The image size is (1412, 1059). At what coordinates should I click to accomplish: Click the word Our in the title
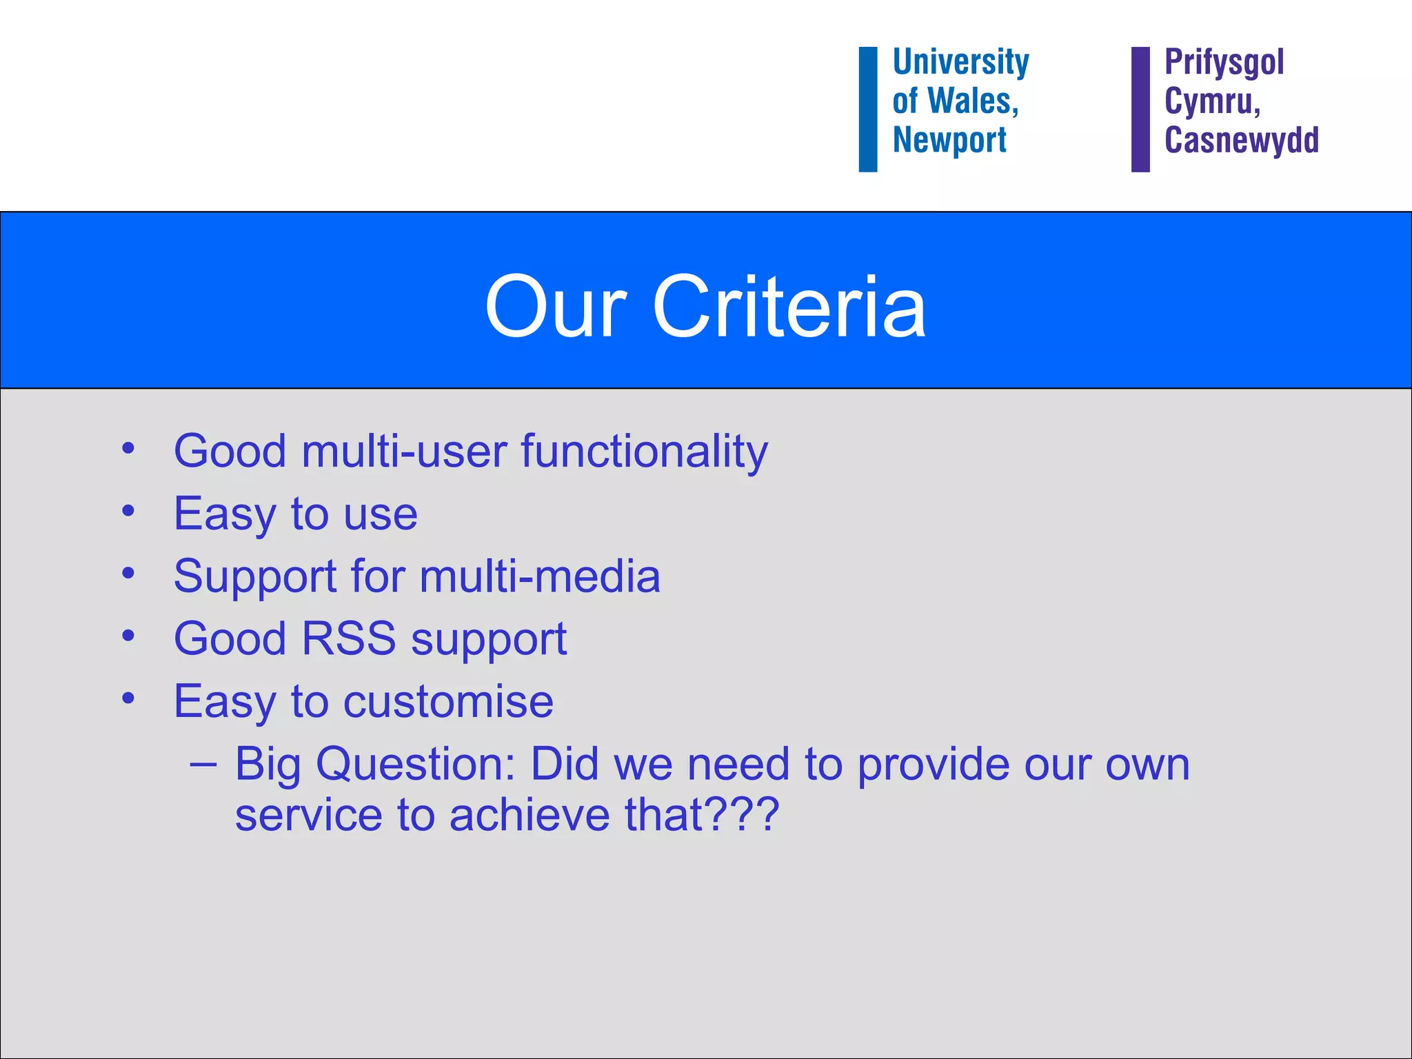click(556, 307)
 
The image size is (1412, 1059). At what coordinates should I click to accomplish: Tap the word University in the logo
click(960, 62)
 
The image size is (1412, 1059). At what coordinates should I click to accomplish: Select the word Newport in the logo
click(949, 140)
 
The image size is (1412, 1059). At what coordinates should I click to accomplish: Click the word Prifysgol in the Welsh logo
click(1224, 62)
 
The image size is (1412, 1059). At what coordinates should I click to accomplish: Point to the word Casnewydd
click(1241, 140)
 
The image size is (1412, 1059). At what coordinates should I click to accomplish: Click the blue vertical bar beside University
click(868, 109)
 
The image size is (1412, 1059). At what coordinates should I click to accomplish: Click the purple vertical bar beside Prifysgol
click(1140, 109)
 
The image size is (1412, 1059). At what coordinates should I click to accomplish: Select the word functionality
click(644, 452)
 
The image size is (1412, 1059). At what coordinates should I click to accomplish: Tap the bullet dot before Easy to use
click(128, 512)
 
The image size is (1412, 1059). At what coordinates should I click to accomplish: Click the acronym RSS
click(349, 638)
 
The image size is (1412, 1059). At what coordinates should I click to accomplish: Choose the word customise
click(448, 701)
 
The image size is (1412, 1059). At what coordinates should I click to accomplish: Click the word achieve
click(529, 814)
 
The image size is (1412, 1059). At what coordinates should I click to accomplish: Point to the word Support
click(255, 578)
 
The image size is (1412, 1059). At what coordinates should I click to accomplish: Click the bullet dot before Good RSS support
click(128, 636)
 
